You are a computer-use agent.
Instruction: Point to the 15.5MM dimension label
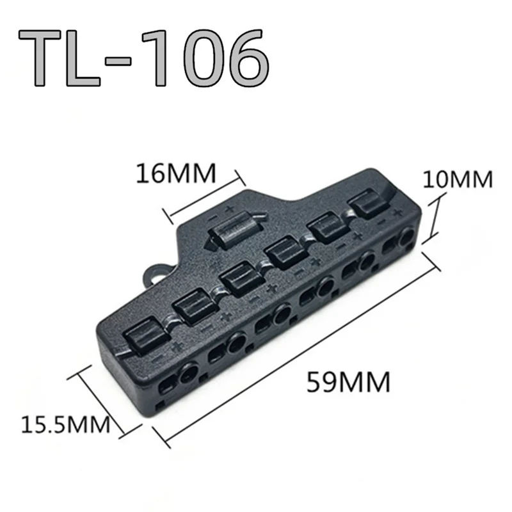pos(64,423)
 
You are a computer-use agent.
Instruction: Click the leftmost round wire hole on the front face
pos(188,374)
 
